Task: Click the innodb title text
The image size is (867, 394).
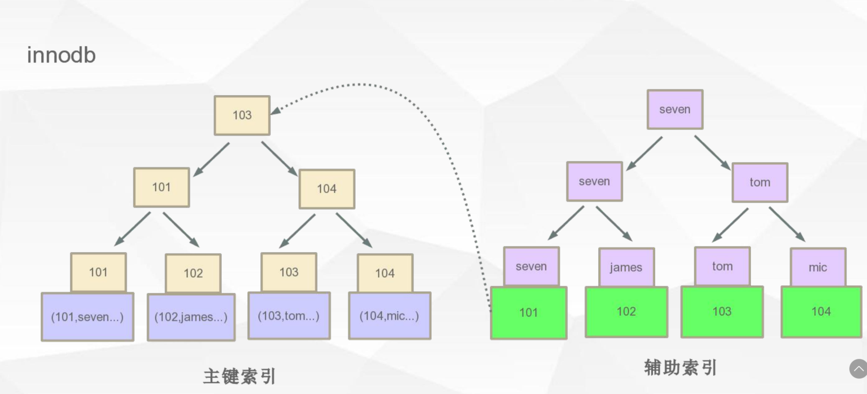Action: point(61,55)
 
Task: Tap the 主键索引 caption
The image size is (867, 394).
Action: point(240,376)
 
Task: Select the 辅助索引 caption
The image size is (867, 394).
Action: point(681,368)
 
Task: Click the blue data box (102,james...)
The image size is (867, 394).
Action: point(191,317)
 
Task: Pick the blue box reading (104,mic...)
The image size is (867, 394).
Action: point(389,316)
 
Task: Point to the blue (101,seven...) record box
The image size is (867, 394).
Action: point(87,317)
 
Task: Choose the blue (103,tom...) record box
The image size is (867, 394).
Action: point(289,316)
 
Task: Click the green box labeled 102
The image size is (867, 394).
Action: point(626,312)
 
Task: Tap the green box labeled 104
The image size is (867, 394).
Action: point(821,312)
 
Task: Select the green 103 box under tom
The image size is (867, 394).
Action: point(722,312)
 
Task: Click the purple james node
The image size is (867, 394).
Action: point(626,267)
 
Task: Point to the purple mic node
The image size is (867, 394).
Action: point(817,267)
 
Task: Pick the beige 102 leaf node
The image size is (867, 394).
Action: point(193,273)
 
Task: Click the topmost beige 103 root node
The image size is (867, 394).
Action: point(242,115)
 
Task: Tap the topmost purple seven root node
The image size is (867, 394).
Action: point(675,109)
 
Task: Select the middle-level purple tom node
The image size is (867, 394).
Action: point(760,183)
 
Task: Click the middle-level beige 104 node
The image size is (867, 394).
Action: point(327,189)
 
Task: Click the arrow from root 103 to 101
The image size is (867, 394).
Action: point(212,159)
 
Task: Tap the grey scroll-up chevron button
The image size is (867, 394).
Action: point(858,368)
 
